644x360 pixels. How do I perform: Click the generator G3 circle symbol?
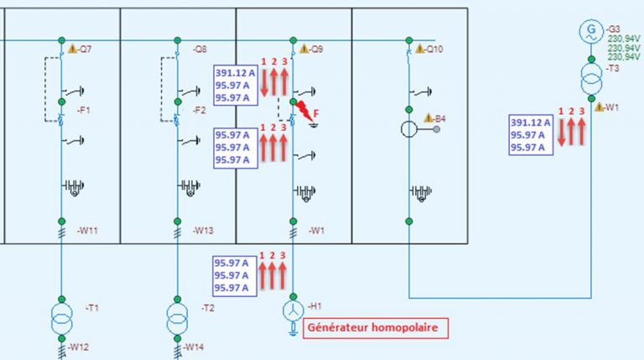tap(591, 31)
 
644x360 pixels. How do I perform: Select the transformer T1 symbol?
tap(61, 319)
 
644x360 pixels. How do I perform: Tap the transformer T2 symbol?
tap(178, 319)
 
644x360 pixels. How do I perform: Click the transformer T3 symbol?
tap(591, 79)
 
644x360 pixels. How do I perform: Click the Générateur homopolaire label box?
tap(376, 328)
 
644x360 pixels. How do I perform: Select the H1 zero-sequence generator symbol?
tap(293, 311)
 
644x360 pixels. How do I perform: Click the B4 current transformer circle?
tap(409, 129)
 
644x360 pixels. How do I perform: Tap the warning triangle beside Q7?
tap(72, 49)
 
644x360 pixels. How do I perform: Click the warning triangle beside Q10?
tap(419, 49)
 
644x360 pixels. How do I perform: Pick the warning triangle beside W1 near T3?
tap(600, 107)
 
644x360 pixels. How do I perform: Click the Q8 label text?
tap(200, 50)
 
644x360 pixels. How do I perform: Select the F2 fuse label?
tap(200, 110)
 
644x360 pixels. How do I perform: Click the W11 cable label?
tap(87, 231)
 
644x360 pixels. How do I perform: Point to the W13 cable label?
tap(203, 231)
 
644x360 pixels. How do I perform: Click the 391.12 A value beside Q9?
tap(236, 73)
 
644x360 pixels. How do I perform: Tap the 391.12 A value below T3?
tap(531, 123)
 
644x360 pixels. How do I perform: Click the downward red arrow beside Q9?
tap(263, 82)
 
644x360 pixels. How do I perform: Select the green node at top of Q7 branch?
tap(61, 40)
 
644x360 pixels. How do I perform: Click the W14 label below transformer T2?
tap(194, 347)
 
